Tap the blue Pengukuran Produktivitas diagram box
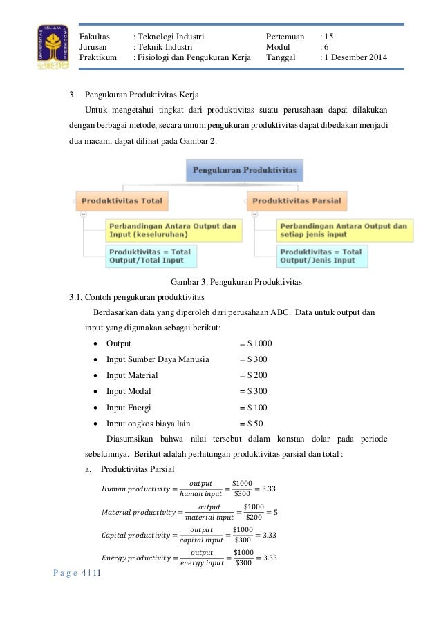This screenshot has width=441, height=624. click(245, 169)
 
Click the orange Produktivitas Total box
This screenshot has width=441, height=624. click(122, 201)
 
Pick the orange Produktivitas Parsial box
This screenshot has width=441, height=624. click(297, 201)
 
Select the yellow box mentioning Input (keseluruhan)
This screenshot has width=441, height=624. click(173, 230)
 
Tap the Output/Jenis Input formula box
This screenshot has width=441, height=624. click(322, 256)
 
